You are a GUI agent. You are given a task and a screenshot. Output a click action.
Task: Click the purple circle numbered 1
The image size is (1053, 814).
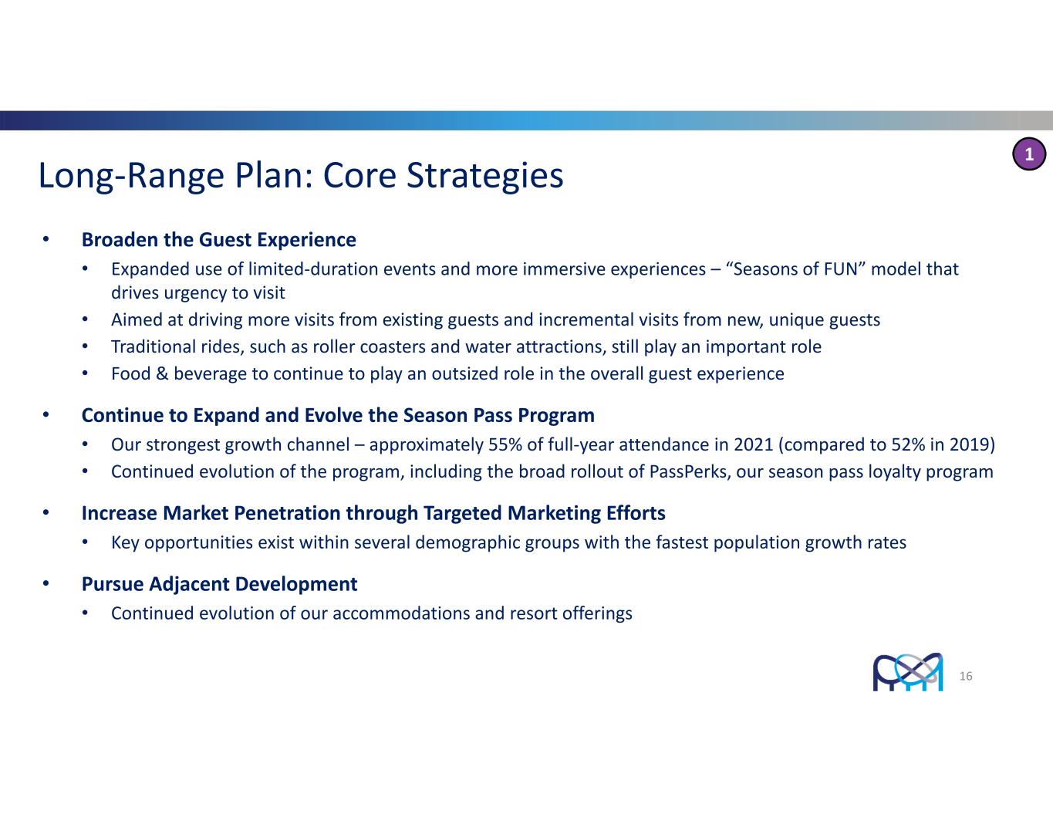(1029, 154)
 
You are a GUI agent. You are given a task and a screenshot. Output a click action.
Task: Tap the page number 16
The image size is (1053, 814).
(966, 676)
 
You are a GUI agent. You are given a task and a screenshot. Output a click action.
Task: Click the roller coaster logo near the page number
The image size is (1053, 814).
(908, 671)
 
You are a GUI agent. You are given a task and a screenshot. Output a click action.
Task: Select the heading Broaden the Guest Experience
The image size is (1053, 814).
(218, 240)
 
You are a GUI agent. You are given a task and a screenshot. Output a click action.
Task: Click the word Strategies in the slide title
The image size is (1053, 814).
(484, 175)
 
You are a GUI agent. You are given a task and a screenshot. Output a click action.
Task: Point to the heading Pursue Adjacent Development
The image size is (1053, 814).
(219, 584)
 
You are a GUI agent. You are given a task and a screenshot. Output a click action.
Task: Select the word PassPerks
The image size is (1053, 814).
(690, 471)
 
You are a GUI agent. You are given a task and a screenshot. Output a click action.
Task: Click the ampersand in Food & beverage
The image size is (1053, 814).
(162, 373)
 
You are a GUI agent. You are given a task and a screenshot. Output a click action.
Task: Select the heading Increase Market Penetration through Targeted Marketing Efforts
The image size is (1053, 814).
(373, 513)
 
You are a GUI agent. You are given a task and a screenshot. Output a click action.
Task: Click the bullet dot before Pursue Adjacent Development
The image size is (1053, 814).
(46, 583)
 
